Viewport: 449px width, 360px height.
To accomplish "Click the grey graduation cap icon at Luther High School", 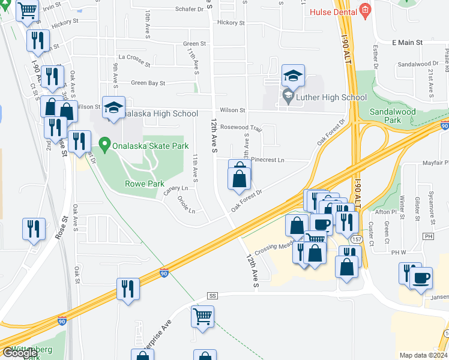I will (x=288, y=95).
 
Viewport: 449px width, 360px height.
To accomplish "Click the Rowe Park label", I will (x=144, y=184).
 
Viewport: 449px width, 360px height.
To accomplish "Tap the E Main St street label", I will (x=408, y=43).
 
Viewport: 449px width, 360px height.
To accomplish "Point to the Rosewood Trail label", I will (x=241, y=128).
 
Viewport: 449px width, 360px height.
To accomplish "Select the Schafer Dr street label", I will (x=174, y=10).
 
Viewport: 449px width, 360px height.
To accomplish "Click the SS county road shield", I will (x=212, y=296).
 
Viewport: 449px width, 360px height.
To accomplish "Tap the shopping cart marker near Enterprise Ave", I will (x=203, y=316).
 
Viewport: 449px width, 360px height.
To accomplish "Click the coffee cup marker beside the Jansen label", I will (x=421, y=278).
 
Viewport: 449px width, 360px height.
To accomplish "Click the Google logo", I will (x=20, y=353).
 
